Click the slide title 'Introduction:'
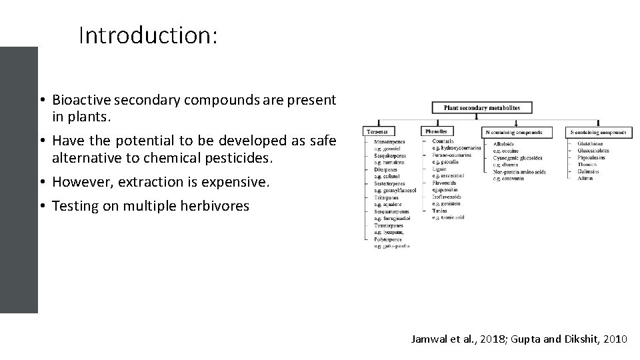(147, 35)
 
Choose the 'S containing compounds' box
(597, 132)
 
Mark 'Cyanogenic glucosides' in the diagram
(517, 158)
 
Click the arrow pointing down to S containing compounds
(599, 123)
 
